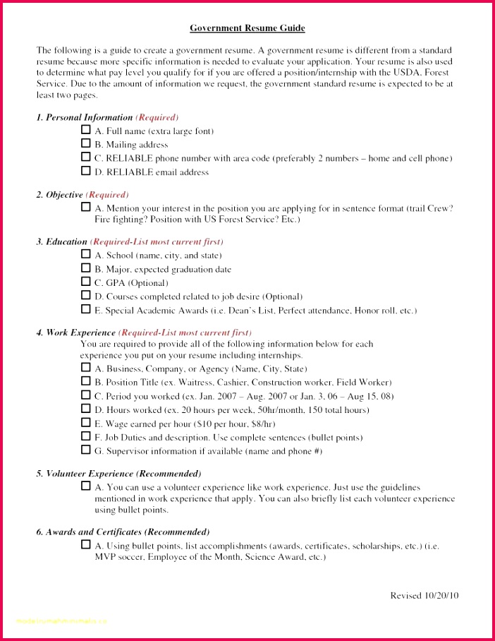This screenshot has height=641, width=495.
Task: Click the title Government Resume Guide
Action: [x=247, y=28]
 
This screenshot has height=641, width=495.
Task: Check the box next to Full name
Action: [x=86, y=130]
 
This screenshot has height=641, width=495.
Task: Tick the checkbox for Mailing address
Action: [x=86, y=143]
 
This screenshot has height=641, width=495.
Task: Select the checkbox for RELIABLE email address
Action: [x=86, y=171]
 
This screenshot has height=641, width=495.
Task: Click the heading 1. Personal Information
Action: [x=85, y=117]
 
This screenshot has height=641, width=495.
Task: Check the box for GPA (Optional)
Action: [x=86, y=282]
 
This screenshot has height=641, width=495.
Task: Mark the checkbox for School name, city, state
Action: [x=86, y=254]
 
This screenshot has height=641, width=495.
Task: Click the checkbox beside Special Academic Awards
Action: [x=86, y=309]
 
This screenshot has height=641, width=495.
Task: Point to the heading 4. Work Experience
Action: [x=76, y=332]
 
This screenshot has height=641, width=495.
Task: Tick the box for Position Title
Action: [x=86, y=381]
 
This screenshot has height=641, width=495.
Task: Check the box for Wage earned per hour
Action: [x=86, y=423]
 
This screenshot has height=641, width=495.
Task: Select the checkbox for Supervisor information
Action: [x=86, y=450]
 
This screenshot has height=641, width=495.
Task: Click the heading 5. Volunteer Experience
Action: [x=118, y=473]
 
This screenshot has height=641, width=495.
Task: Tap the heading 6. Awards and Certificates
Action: [x=123, y=532]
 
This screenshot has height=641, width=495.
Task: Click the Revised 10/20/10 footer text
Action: [x=424, y=595]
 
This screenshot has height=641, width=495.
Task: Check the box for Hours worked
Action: [x=86, y=409]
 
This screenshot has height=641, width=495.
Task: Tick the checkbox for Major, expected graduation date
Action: [x=86, y=268]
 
